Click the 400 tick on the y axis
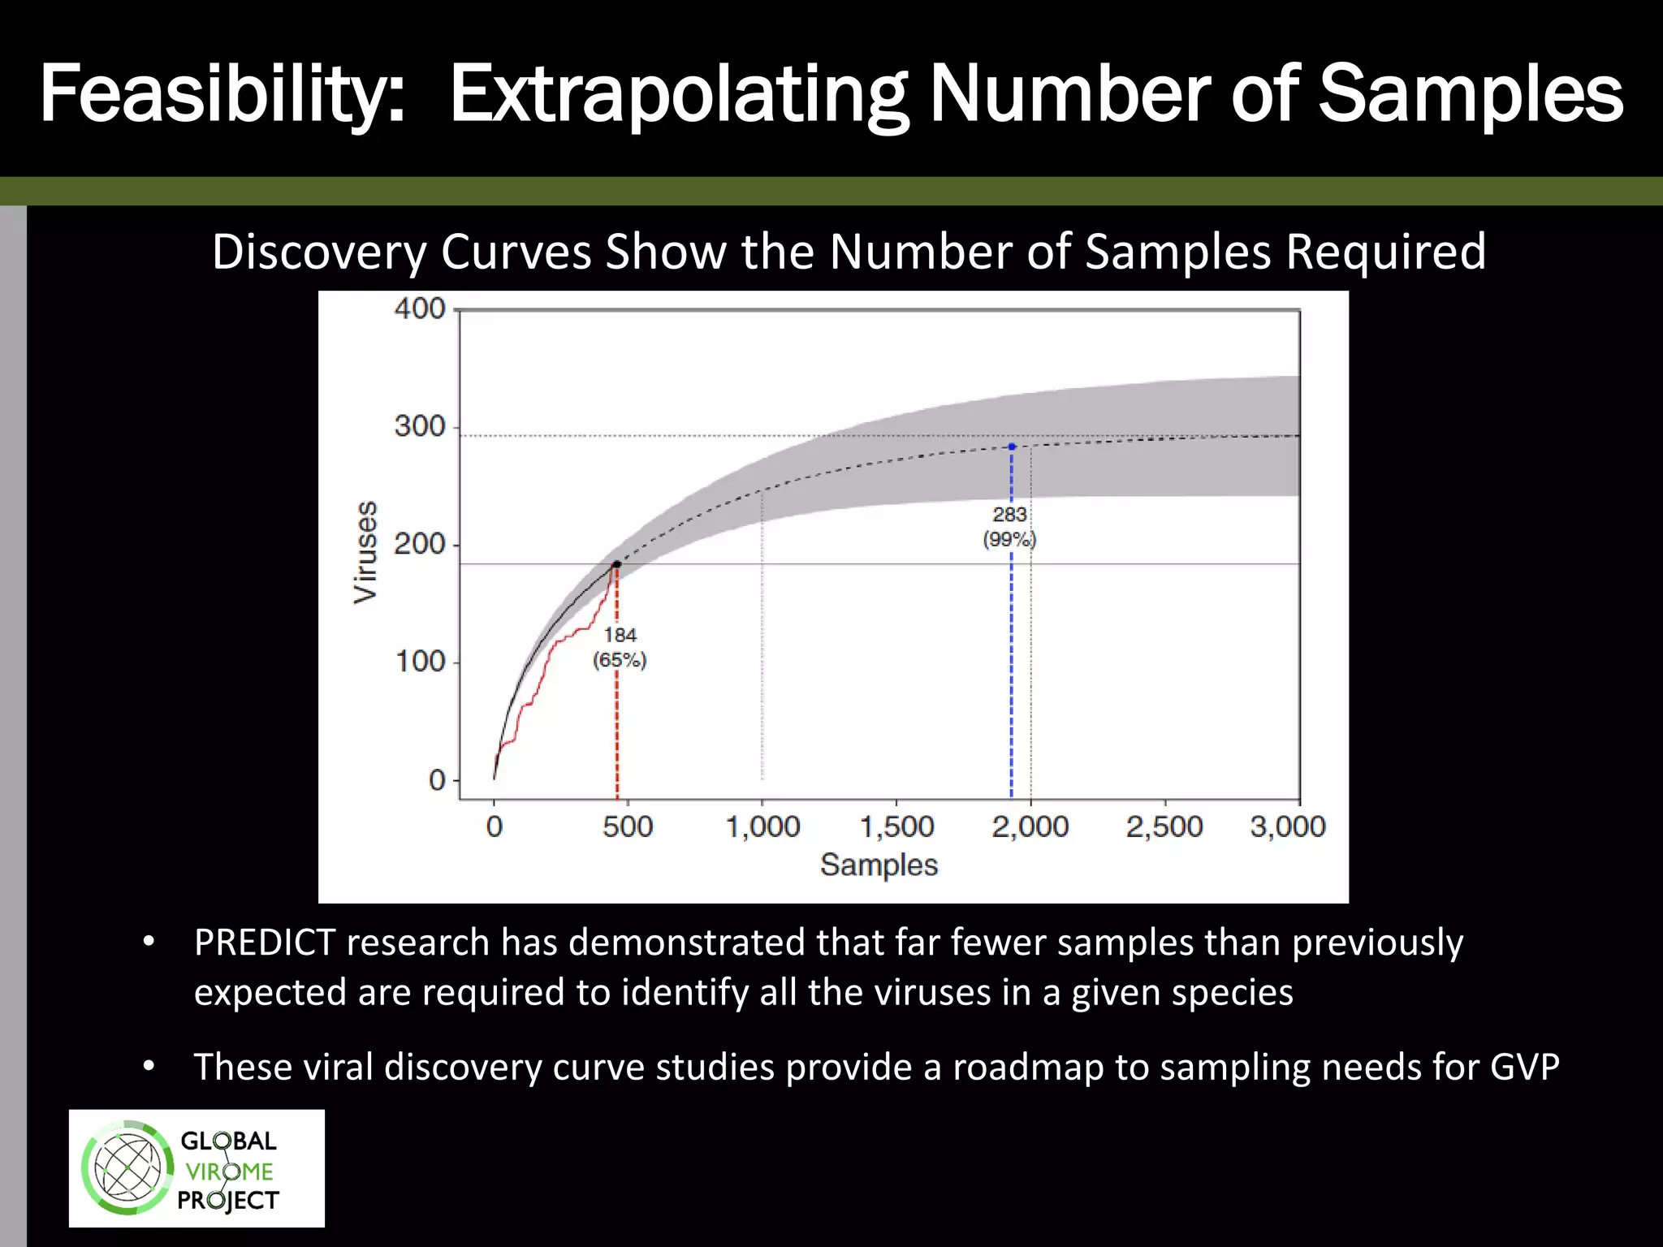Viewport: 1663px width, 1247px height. pos(420,309)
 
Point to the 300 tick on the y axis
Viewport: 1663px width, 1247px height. pos(420,426)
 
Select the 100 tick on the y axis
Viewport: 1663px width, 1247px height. pos(420,662)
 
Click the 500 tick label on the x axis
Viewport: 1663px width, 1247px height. pos(628,827)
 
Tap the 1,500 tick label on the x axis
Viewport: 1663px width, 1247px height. pos(896,827)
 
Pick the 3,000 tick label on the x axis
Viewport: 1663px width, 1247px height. pos(1287,827)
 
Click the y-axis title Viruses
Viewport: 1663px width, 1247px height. pos(366,552)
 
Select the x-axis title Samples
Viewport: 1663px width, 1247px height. pos(879,865)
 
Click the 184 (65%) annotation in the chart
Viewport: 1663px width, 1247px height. pos(620,648)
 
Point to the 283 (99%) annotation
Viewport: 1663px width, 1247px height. pos(1009,527)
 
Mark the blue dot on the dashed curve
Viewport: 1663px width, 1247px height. pos(1012,447)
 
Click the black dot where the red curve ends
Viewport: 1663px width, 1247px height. pos(616,563)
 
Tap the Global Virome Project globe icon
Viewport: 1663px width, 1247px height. pos(127,1169)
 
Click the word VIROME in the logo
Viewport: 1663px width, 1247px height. pos(229,1171)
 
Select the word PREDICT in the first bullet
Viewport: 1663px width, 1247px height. pos(264,943)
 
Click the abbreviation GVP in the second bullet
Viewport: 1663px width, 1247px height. pos(1524,1068)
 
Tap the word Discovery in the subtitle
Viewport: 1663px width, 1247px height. pos(319,252)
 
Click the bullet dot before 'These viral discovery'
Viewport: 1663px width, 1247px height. pos(148,1066)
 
